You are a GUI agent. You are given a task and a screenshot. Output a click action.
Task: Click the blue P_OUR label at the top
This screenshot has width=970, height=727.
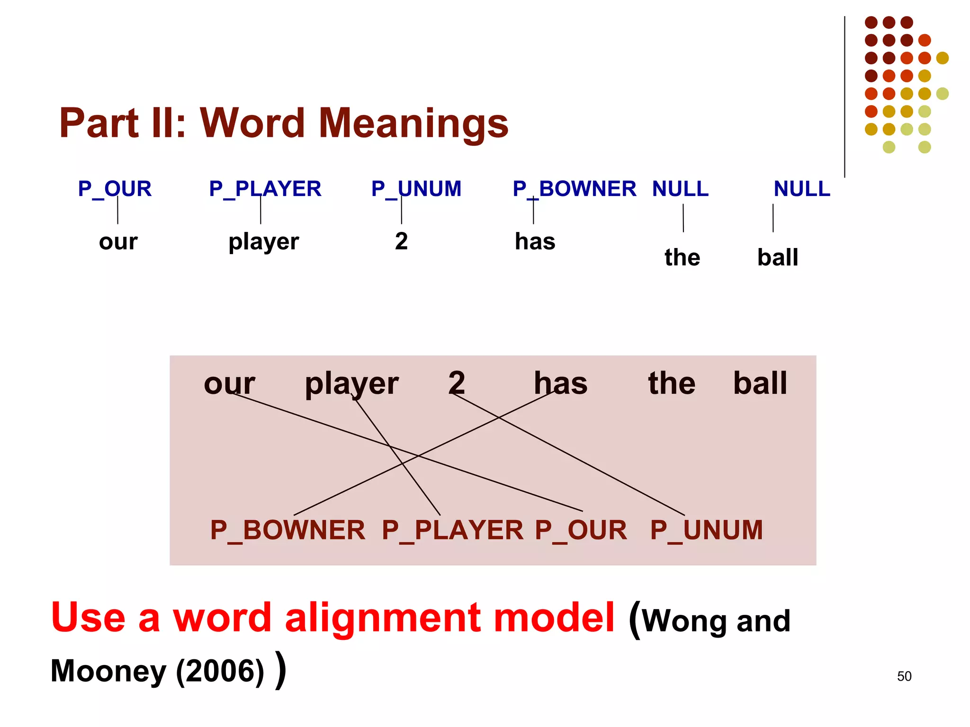115,189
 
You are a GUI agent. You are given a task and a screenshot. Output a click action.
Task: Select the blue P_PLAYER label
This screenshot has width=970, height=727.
265,189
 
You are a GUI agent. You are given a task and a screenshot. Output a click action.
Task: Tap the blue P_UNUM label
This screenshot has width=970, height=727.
416,189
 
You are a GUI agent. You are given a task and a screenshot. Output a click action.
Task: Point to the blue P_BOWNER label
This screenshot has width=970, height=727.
574,189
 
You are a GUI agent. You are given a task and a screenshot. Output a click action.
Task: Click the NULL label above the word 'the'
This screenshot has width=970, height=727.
680,189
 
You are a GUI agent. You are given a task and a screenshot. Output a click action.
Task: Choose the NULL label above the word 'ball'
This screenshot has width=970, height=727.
801,189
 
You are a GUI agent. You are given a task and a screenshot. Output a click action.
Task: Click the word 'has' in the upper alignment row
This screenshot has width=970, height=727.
535,241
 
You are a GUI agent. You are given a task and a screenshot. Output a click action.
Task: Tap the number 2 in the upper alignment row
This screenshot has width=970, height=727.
401,241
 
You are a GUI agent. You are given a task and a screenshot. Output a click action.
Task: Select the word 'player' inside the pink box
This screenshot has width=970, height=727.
351,383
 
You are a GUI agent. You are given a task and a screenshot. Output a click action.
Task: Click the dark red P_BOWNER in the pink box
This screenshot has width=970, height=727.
287,530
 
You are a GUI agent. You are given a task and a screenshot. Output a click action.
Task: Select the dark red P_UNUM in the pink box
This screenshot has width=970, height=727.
706,530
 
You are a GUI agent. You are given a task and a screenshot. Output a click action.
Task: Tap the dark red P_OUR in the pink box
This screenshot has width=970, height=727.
581,530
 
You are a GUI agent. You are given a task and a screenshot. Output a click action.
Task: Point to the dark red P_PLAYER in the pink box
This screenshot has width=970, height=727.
452,530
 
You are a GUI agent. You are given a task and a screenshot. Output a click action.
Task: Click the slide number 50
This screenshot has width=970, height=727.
904,676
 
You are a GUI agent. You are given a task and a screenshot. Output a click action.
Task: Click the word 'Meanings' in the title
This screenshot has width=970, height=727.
413,123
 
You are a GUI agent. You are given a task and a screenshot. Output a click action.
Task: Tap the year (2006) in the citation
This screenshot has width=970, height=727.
220,671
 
